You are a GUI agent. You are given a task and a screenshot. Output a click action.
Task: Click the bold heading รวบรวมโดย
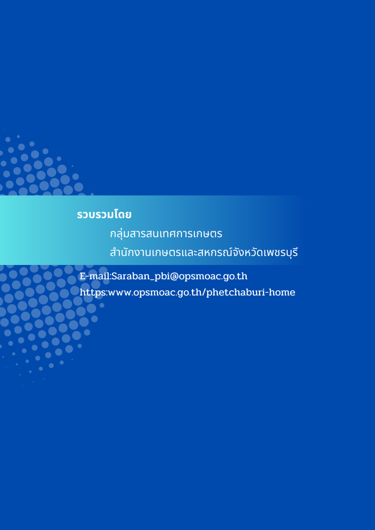[x=104, y=215]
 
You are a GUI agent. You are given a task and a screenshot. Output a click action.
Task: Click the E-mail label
[x=94, y=276]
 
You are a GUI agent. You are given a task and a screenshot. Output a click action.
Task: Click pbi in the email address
[x=162, y=277]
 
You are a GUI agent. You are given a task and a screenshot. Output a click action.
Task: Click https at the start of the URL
[x=93, y=293]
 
